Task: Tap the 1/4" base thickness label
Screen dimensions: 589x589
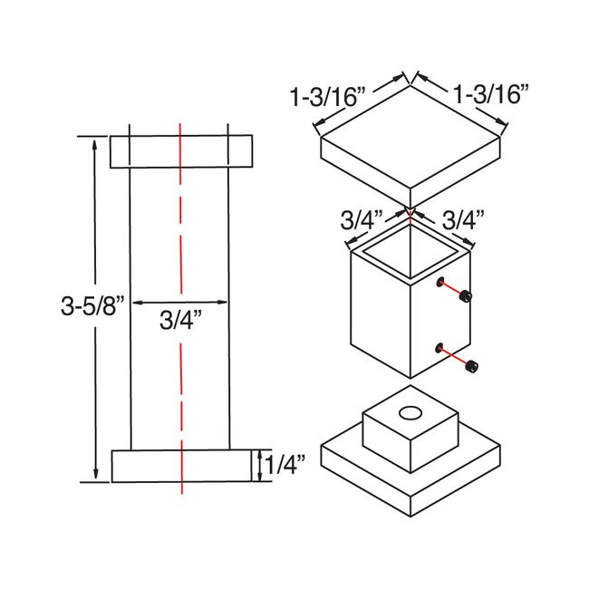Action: tap(286, 466)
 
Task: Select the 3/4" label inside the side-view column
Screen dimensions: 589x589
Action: tap(181, 320)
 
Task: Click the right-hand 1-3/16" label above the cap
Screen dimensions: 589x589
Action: tap(490, 93)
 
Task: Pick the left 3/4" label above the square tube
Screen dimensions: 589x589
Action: tap(361, 220)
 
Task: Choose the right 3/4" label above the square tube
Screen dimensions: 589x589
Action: tap(462, 220)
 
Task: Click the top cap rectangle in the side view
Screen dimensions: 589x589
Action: tap(181, 151)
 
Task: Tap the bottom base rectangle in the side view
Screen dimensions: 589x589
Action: tap(181, 466)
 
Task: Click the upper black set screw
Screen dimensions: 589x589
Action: tap(465, 295)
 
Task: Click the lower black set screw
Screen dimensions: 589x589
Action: tap(470, 365)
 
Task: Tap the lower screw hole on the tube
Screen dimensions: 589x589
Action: tap(439, 348)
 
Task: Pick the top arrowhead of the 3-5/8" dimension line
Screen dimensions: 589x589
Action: tap(95, 141)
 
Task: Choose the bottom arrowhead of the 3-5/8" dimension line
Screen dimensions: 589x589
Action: tap(95, 477)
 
